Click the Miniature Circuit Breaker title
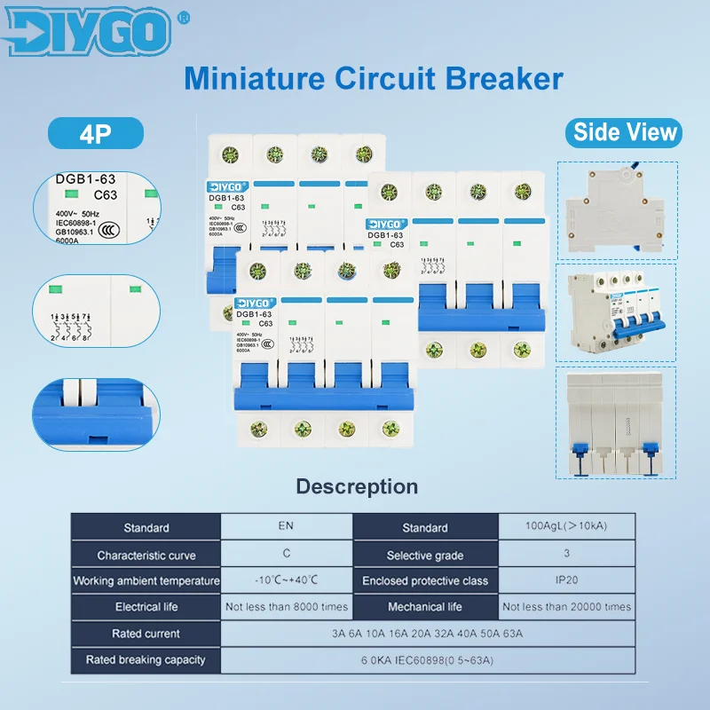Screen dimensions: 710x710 [x=373, y=78]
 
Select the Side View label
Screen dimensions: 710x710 [x=625, y=133]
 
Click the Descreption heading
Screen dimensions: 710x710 [x=356, y=486]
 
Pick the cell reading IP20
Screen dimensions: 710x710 [x=566, y=580]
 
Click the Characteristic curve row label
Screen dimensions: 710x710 [x=146, y=555]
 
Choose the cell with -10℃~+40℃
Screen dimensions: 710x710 [x=286, y=580]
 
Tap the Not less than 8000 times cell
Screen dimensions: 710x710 [x=287, y=607]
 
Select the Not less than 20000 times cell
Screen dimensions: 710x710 [x=566, y=607]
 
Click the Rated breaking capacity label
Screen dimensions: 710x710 [x=146, y=659]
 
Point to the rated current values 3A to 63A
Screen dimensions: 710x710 [x=427, y=634]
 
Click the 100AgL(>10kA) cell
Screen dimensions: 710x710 [x=566, y=527]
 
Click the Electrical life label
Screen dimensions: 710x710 [x=146, y=607]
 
